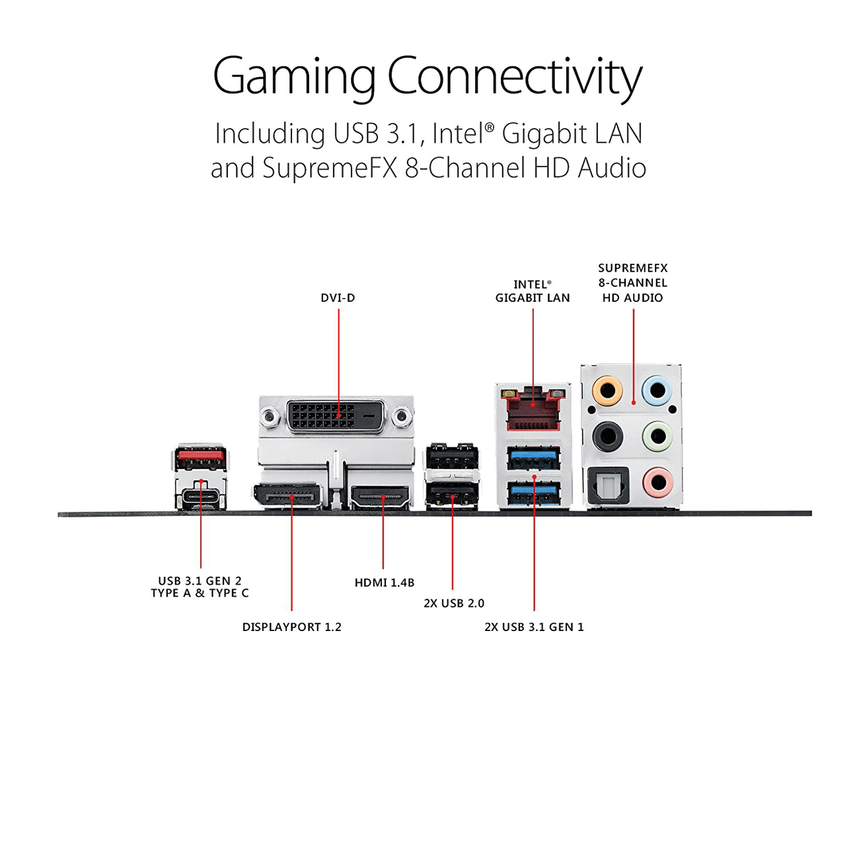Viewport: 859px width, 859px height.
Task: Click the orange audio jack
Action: (607, 391)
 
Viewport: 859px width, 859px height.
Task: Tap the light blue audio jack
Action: (657, 391)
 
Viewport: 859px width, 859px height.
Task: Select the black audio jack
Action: (607, 437)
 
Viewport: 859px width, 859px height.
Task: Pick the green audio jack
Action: (657, 437)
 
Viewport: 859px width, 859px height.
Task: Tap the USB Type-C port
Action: (201, 498)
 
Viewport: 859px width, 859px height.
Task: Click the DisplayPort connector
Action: (287, 496)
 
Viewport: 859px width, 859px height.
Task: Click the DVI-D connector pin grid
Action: (324, 416)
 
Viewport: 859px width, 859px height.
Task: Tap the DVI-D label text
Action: (338, 298)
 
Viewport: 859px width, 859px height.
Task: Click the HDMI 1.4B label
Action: (385, 583)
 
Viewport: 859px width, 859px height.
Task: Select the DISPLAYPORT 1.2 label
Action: (291, 627)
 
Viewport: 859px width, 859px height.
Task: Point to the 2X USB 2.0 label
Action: (454, 603)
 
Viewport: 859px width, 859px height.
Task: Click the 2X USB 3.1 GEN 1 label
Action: (534, 627)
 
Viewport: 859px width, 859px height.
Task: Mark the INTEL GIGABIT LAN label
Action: (533, 291)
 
